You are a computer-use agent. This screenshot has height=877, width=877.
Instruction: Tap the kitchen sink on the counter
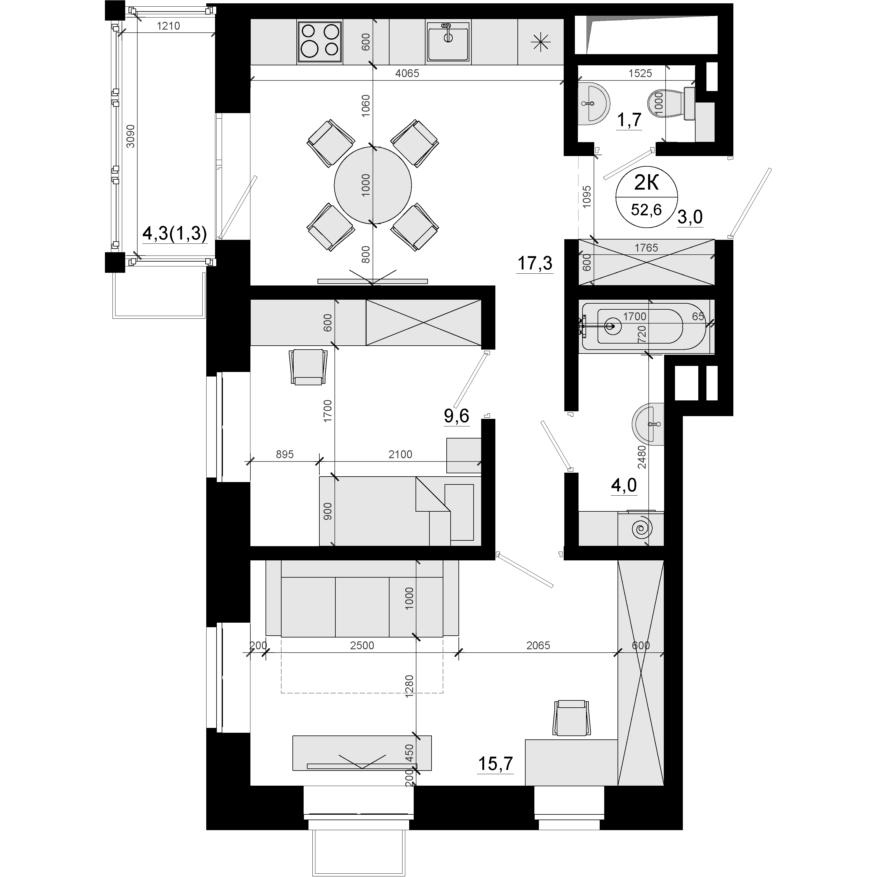(448, 41)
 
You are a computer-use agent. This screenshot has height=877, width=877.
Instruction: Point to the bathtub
(644, 326)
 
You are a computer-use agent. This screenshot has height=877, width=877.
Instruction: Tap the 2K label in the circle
(646, 183)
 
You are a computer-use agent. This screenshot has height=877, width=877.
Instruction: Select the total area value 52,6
(646, 210)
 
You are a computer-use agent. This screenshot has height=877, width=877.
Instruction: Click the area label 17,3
(535, 263)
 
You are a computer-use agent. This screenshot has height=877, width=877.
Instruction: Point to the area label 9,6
(456, 416)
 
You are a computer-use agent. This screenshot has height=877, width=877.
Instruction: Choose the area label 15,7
(496, 764)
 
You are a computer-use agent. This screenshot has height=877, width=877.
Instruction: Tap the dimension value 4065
(407, 73)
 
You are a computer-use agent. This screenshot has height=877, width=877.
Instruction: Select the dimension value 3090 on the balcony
(131, 136)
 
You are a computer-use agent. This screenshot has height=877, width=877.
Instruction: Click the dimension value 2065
(538, 645)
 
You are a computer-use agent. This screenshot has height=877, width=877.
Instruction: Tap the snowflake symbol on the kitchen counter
(541, 43)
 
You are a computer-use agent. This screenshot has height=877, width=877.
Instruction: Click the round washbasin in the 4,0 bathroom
(648, 424)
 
